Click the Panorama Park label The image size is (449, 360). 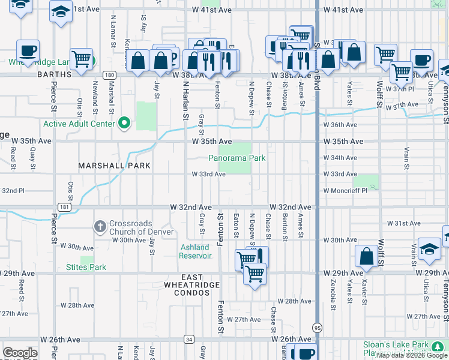pyautogui.click(x=237, y=158)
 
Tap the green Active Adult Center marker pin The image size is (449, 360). pyautogui.click(x=124, y=124)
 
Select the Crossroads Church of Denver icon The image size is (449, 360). pyautogui.click(x=100, y=227)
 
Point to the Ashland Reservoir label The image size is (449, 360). pyautogui.click(x=195, y=251)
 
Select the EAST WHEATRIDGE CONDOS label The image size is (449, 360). pyautogui.click(x=188, y=289)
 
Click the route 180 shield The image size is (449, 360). pyautogui.click(x=109, y=75)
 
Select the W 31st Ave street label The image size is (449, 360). pyautogui.click(x=403, y=223)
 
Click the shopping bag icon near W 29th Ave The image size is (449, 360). pyautogui.click(x=366, y=256)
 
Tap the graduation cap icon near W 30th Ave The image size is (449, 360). pyautogui.click(x=430, y=249)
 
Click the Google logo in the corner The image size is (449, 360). pyautogui.click(x=20, y=353)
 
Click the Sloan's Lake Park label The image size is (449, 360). pyautogui.click(x=396, y=345)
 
